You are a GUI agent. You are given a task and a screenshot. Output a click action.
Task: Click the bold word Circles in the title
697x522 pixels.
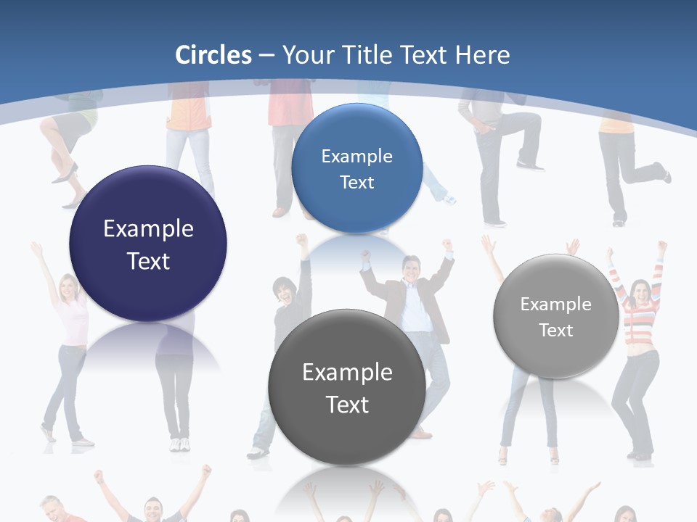coord(213,55)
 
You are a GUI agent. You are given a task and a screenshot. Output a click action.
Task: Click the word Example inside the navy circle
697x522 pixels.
coord(148,229)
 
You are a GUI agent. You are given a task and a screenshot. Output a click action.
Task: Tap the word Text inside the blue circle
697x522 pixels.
coord(356,183)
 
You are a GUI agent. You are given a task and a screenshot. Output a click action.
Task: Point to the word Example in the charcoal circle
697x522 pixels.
coord(347,373)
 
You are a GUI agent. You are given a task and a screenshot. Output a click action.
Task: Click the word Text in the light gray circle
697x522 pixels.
coord(556,331)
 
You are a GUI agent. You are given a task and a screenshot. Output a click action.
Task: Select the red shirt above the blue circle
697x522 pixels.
coord(290,109)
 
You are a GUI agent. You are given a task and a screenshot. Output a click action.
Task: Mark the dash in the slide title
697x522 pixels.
coord(266,55)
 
